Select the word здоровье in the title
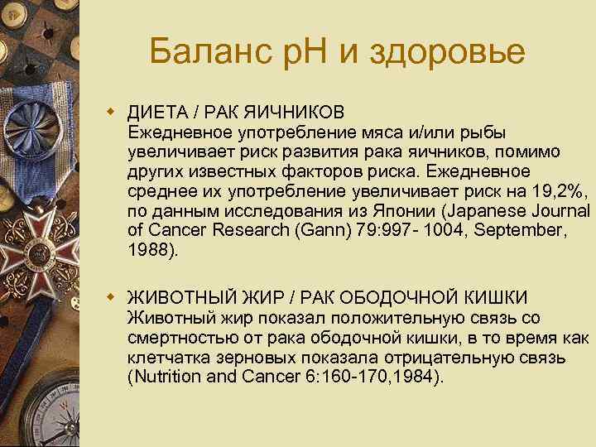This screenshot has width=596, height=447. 447,54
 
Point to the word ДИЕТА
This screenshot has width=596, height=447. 155,112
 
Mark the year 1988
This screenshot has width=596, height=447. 150,251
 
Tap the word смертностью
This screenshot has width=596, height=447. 178,338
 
